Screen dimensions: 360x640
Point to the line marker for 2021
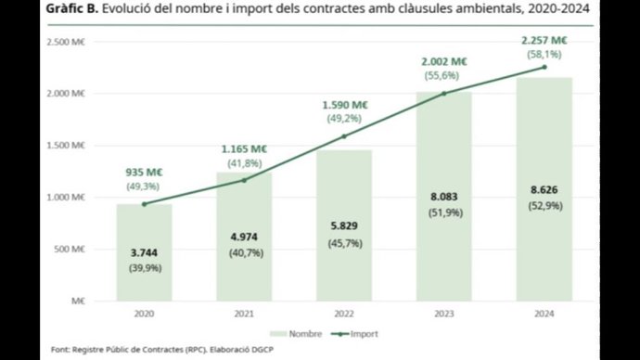point(244,180)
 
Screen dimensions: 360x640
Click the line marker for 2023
point(444,93)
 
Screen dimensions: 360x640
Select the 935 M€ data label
point(143,173)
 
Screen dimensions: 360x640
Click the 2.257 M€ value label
point(544,40)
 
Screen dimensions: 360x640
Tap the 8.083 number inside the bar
point(444,197)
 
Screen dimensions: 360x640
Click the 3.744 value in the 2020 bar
point(144,251)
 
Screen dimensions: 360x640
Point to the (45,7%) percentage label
point(343,243)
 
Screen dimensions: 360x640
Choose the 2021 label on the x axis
point(244,315)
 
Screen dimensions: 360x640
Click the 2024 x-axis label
point(544,315)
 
